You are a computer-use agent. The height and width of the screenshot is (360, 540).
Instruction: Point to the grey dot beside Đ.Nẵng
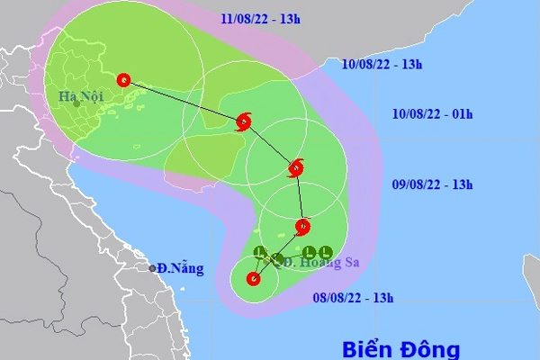[x=153, y=267]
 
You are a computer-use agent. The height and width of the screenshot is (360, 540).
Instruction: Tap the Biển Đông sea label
[x=401, y=348]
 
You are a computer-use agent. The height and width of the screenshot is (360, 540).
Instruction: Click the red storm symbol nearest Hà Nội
[x=123, y=79]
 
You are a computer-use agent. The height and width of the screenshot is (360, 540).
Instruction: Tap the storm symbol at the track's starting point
[x=254, y=279]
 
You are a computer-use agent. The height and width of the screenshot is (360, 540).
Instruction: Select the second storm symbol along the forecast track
[x=303, y=225]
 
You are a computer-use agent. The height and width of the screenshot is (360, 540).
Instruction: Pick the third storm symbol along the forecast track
[x=296, y=167]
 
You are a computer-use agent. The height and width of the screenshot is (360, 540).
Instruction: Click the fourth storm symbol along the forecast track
[x=244, y=121]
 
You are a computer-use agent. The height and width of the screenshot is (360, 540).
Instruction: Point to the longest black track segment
[x=184, y=100]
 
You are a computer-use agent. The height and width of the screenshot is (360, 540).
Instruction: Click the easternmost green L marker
[x=327, y=252]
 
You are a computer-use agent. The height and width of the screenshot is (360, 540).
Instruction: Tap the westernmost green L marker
[x=260, y=251]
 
